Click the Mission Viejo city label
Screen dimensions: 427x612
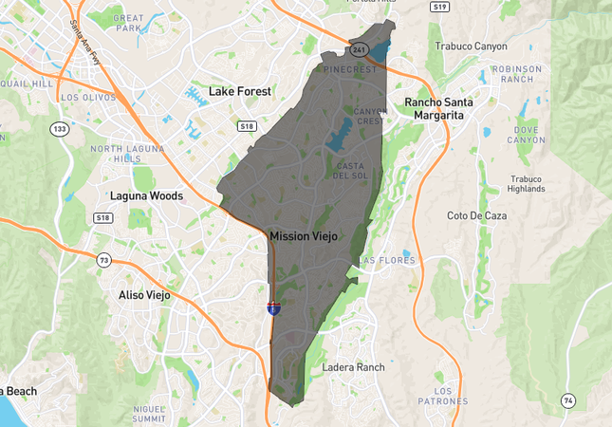point(303,235)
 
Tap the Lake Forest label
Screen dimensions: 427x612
point(240,91)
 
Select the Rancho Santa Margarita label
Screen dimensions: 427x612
point(438,108)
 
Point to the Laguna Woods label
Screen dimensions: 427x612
point(146,195)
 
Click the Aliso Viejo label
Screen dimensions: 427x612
point(144,295)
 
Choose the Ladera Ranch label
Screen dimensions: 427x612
point(354,366)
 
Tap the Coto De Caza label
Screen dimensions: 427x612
point(476,215)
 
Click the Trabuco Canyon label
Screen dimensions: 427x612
point(471,46)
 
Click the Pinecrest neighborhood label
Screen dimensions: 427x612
point(350,69)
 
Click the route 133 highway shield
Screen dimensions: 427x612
point(60,129)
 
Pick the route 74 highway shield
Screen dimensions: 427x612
point(567,400)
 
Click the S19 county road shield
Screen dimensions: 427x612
point(438,6)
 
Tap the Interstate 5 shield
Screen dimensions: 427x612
point(273,308)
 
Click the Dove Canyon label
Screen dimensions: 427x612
point(526,135)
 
